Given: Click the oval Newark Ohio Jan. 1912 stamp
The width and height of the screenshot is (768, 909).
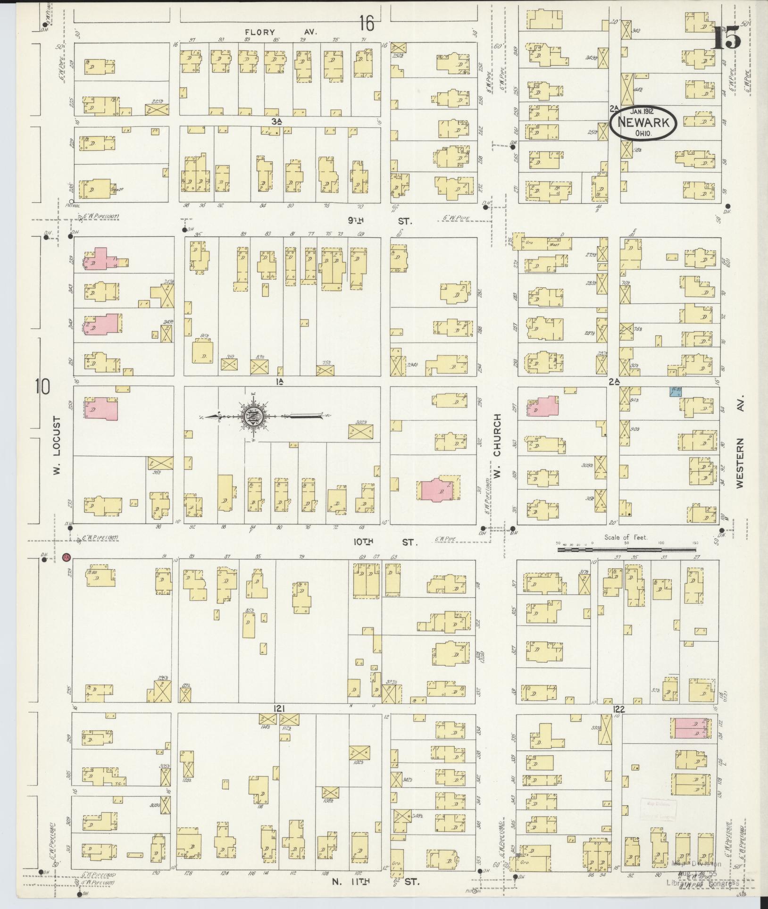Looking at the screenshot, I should coord(643,122).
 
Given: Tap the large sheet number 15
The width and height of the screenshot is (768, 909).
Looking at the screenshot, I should coord(727,37).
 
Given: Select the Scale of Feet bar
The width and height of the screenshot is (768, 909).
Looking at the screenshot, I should coord(627,550).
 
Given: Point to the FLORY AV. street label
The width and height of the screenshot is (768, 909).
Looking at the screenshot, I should coord(280,32).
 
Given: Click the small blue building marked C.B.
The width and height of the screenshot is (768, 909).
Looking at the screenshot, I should coord(675,391).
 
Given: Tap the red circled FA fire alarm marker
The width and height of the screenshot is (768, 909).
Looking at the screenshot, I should coord(67,557).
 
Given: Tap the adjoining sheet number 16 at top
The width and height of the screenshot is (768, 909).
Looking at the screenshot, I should coord(366,23).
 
